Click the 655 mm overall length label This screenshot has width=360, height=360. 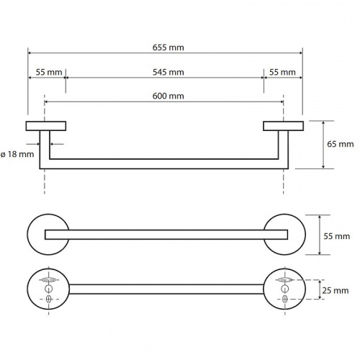(x=168, y=48)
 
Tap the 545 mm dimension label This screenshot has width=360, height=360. (x=168, y=72)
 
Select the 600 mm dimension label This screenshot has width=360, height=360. (x=168, y=96)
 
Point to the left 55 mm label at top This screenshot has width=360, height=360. (x=49, y=72)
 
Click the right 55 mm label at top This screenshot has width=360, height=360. (x=282, y=72)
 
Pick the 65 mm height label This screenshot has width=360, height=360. (x=341, y=144)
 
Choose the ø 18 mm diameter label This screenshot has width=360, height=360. (x=17, y=154)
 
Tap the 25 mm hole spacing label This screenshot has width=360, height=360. (x=336, y=291)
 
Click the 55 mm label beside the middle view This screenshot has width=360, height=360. (x=337, y=236)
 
